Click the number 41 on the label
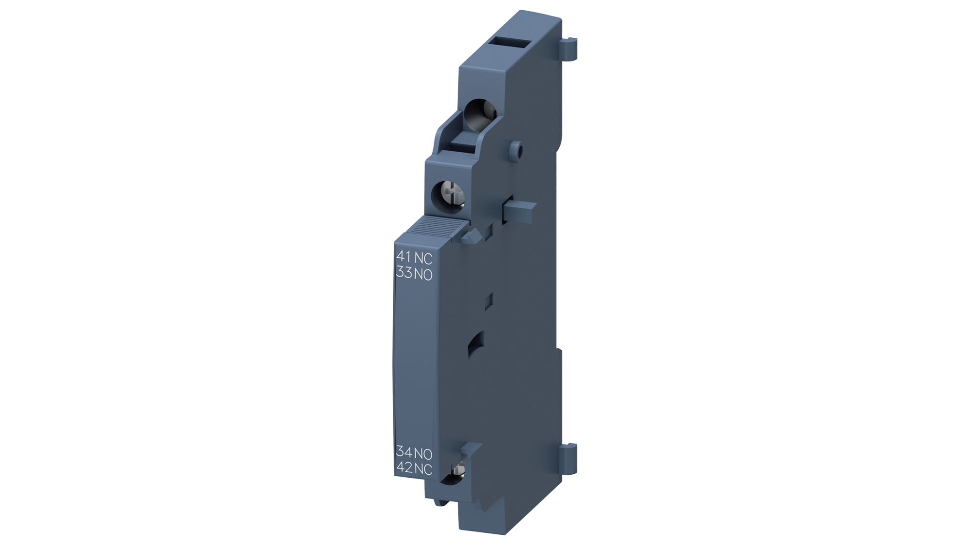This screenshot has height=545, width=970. [404, 257]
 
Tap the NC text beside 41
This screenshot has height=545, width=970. [423, 258]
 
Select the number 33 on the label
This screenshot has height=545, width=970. [404, 273]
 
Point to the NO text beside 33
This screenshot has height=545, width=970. [423, 275]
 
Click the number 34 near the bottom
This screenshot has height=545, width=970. [404, 452]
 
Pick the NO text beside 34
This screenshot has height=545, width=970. [423, 454]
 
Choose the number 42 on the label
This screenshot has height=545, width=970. [404, 467]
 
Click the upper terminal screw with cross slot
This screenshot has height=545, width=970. [452, 196]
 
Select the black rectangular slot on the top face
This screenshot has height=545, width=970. [509, 43]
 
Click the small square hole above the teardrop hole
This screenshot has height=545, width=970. [489, 300]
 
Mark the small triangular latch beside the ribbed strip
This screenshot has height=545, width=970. [471, 236]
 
